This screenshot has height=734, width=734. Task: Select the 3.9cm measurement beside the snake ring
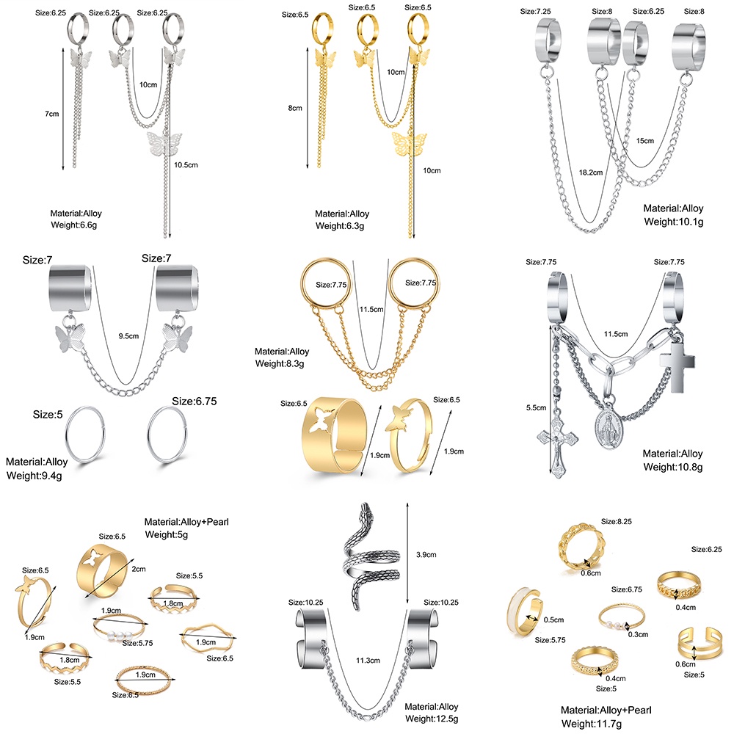(428, 554)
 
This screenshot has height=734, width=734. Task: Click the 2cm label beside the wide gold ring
(137, 569)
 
